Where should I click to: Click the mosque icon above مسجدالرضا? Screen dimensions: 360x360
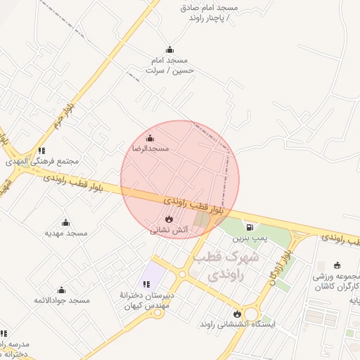pos(149,138)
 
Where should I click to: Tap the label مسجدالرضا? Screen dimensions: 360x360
pos(150,149)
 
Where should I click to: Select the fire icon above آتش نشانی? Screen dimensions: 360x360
pos(169,219)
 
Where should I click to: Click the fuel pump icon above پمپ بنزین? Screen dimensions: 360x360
pos(250,227)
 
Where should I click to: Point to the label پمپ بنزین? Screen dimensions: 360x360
pos(251,239)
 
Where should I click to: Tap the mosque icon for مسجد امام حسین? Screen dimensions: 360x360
pos(169,50)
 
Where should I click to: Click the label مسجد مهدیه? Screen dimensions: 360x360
pos(66,233)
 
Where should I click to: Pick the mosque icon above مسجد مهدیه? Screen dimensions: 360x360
pos(66,222)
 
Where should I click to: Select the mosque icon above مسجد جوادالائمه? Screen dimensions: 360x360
pos(61,290)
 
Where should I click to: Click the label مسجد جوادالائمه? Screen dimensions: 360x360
pos(62,301)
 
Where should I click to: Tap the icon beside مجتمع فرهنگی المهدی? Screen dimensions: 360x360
pos(42,150)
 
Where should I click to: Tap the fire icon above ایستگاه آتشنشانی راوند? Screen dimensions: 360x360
pos(237,314)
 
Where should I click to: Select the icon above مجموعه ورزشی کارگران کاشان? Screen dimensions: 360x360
pos(337,266)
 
